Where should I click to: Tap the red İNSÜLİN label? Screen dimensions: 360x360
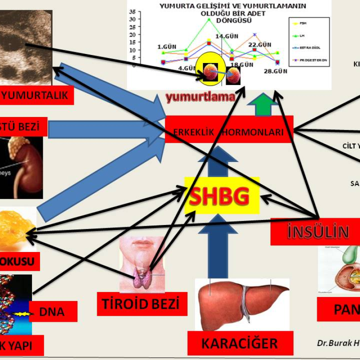(x=318, y=232)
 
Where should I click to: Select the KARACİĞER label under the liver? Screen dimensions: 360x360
(x=240, y=343)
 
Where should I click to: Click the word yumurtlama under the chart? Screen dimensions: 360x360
(x=200, y=97)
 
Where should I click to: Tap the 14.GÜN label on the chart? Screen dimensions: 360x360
(x=227, y=37)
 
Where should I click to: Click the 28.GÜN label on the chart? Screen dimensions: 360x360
(x=275, y=71)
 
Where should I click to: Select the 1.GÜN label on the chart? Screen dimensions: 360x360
(x=167, y=47)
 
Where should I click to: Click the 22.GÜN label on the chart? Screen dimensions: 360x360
(x=259, y=45)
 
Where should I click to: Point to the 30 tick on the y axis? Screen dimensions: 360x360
(x=132, y=19)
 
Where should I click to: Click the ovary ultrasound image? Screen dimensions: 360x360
(x=26, y=45)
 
